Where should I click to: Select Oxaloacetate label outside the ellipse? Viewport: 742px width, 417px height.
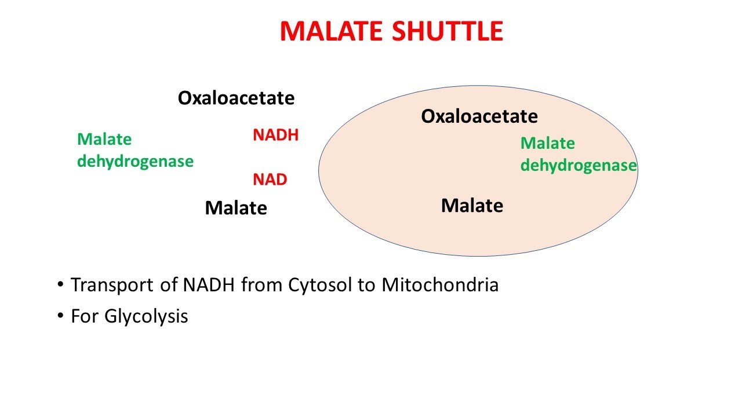(x=236, y=98)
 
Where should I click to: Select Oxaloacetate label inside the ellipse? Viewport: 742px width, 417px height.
(x=479, y=116)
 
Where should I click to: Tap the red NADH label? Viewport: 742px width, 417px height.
(x=275, y=136)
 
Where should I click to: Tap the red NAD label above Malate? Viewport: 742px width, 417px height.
(x=270, y=180)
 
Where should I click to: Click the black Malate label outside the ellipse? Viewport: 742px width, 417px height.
(x=236, y=208)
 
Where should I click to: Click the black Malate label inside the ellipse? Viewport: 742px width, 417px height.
(x=472, y=205)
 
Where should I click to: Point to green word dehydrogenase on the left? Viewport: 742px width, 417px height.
(x=135, y=162)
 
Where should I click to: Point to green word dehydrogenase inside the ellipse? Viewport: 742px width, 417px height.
(x=578, y=166)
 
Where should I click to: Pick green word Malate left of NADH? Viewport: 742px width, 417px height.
(x=104, y=140)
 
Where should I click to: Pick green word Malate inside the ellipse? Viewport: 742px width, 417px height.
(x=547, y=143)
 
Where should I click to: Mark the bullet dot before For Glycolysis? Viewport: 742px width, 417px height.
(x=60, y=317)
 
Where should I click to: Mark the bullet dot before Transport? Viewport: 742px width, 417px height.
(x=60, y=286)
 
